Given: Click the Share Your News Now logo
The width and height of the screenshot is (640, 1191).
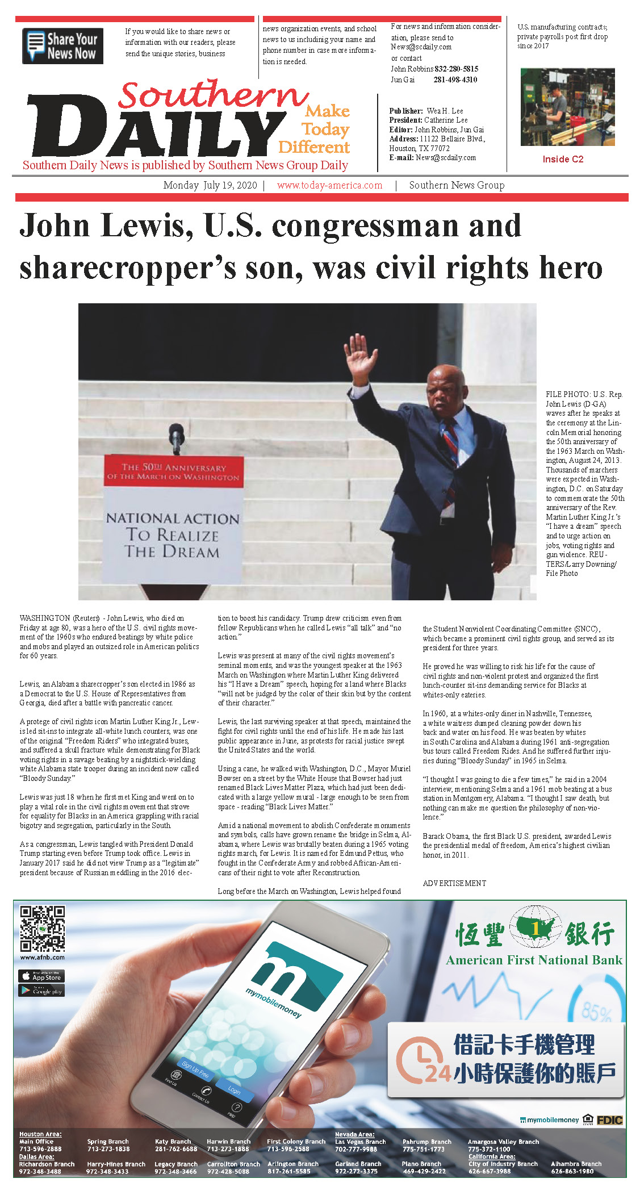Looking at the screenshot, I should pos(62,46).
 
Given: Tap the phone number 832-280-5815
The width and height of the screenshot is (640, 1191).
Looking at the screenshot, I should pos(456,69).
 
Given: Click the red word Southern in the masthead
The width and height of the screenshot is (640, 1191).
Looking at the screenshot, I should pos(213,95).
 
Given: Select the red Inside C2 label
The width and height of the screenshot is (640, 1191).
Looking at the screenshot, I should pos(563,159).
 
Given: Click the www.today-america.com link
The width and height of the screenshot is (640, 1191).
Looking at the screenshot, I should pos(329,185).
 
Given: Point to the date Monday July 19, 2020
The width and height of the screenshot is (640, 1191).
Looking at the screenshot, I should pos(210,185).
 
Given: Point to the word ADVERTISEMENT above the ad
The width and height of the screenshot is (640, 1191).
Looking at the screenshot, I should pos(454,883).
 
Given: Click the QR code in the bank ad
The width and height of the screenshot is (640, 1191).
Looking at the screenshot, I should pos(43,929).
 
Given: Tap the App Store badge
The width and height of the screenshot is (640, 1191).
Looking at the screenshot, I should pos(41,977).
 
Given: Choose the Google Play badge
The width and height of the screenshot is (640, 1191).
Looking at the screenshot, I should pos(41,991).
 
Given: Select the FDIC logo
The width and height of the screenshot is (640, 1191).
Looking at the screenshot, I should pos(609,1120).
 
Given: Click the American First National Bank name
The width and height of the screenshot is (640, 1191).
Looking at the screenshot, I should pos(534,960).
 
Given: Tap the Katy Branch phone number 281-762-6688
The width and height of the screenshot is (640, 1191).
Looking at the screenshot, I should pos(176,1149).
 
